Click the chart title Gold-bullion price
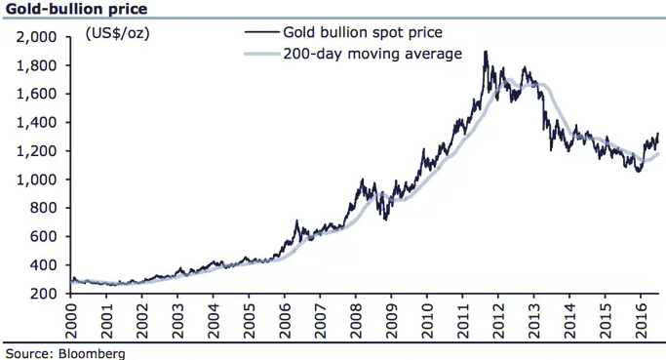pos(76,9)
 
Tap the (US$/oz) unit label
pos(118,33)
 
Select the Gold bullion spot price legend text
pos(363,32)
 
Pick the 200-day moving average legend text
pos(372,54)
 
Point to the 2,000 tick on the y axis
pos(36,37)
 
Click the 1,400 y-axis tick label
pos(36,122)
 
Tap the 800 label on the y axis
pos(43,208)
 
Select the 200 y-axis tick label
pos(43,294)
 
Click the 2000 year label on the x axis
pos(70,321)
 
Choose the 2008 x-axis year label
pos(356,321)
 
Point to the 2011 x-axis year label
pos(463,321)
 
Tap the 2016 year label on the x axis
pos(642,321)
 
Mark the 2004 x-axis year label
pos(214,321)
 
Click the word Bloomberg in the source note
pos(92,353)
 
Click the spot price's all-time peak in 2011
pos(486,52)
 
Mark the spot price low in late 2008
pos(385,220)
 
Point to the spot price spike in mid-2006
pos(296,220)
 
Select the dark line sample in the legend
pos(262,32)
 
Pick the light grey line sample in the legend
pos(262,54)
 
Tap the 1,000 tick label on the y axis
pos(36,180)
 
